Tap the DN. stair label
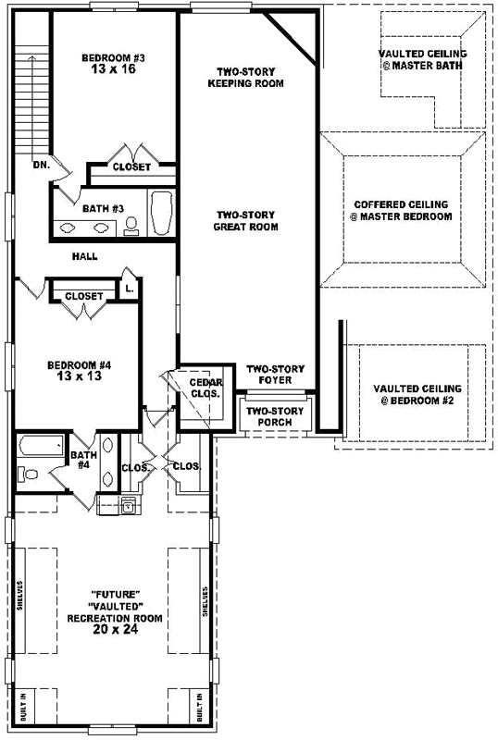click(41, 165)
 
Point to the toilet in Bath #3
click(131, 223)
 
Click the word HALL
click(84, 256)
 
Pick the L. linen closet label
click(129, 289)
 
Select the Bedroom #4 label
click(80, 365)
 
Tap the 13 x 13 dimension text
click(80, 377)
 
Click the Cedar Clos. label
click(204, 388)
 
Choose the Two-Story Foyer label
click(269, 375)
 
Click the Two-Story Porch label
click(269, 416)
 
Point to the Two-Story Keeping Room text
click(250, 77)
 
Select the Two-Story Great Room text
click(245, 220)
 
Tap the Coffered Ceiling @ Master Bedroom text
click(403, 211)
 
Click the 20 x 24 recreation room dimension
click(116, 629)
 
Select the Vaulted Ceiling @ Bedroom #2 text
click(416, 394)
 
